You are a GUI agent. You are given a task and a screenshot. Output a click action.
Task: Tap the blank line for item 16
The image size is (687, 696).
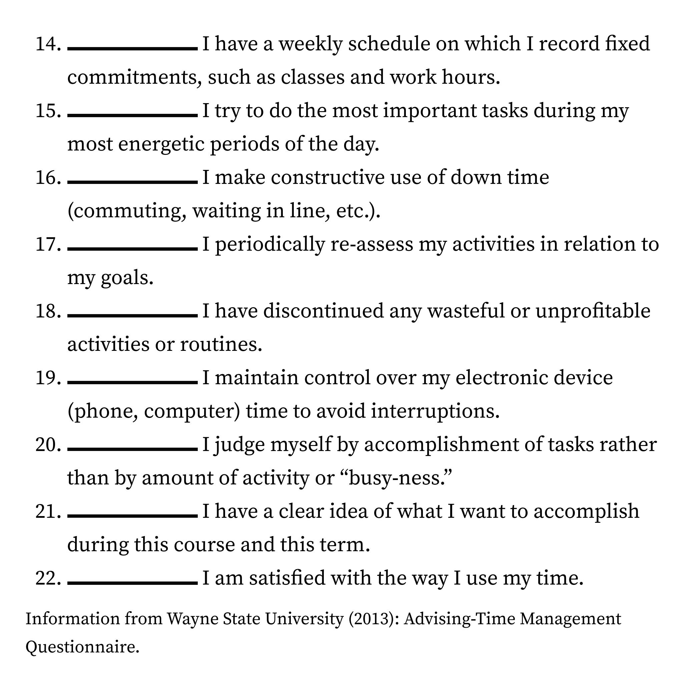132,182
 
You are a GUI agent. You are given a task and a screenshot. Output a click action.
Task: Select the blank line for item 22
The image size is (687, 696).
132,583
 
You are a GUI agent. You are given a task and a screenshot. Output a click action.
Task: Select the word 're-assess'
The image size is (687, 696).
372,244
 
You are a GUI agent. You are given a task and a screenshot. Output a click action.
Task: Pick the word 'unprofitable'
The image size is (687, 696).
593,311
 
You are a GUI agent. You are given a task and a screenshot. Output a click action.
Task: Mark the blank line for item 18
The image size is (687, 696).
132,315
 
